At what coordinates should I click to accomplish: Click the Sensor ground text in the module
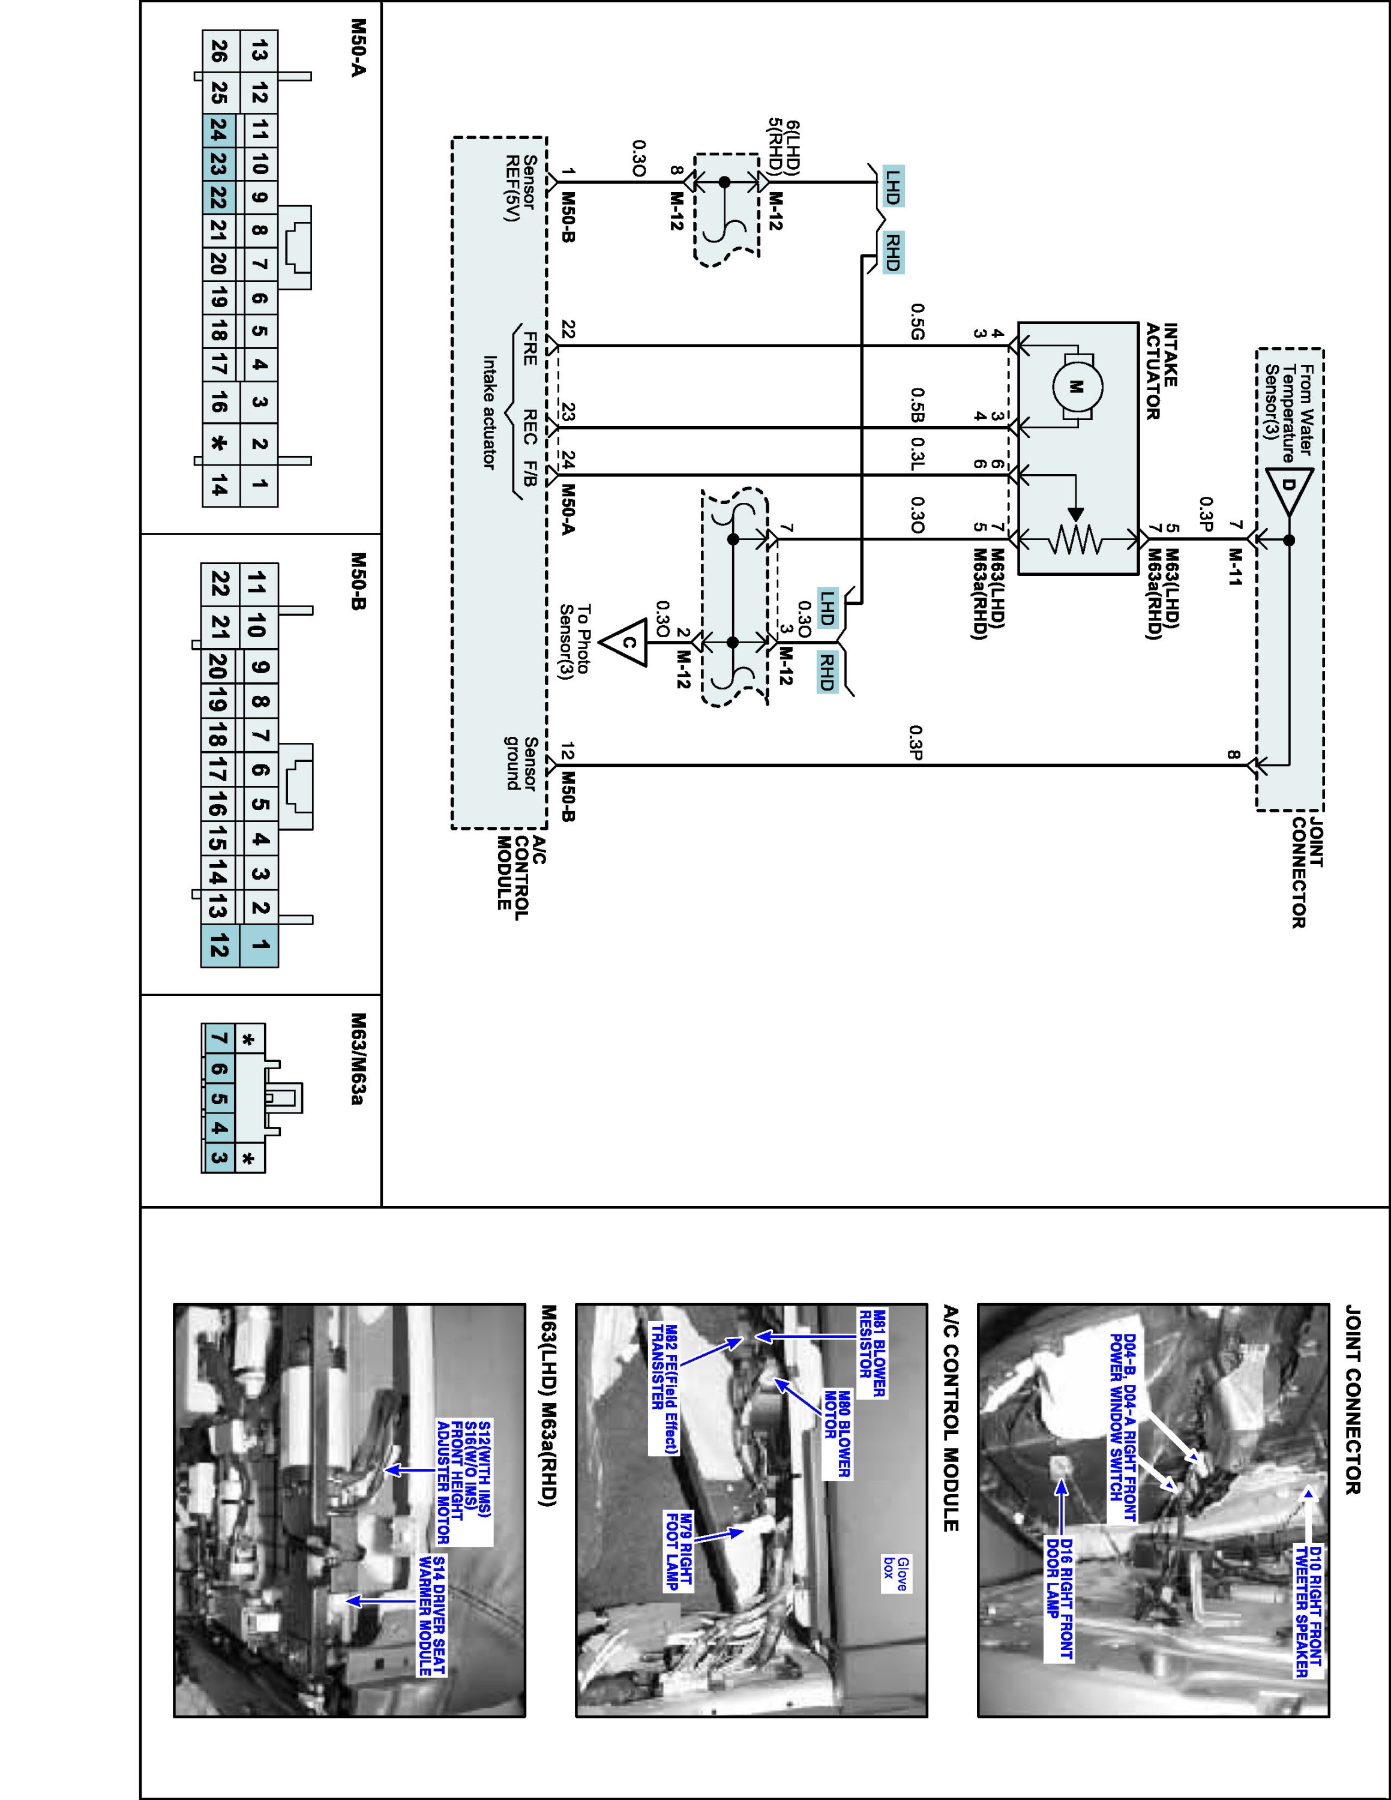click(x=521, y=763)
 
